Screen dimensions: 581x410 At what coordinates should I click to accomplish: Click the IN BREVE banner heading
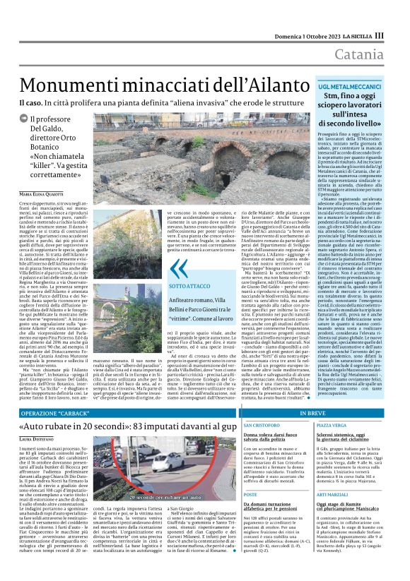(x=314, y=412)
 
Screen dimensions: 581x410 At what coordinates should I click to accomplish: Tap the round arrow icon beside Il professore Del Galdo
(x=23, y=119)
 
